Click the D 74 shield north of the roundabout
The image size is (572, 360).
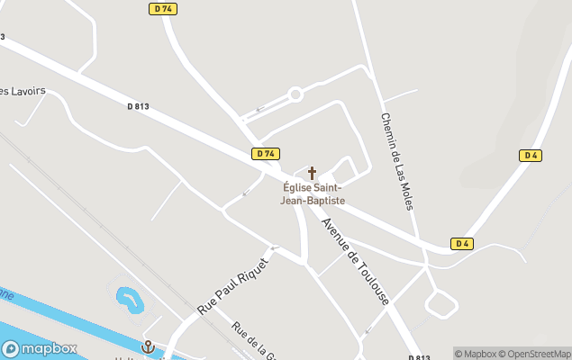[x=162, y=8]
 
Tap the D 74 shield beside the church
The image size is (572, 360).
[x=266, y=154]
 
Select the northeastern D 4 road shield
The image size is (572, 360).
[x=531, y=156]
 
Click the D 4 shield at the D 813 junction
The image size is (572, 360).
[x=462, y=244]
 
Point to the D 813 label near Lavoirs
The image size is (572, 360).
[x=138, y=106]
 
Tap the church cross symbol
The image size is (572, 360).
[x=313, y=172]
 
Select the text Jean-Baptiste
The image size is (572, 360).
[x=313, y=201]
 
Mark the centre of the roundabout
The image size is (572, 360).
[x=295, y=94]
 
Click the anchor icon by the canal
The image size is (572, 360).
[x=149, y=346]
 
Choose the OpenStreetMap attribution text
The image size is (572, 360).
[x=538, y=354]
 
